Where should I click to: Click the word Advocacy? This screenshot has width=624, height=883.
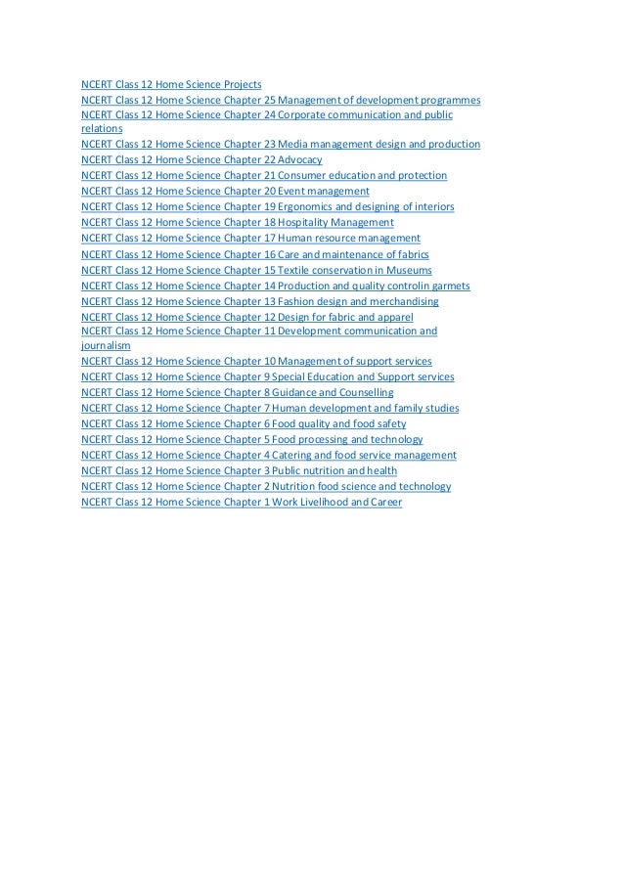point(299,159)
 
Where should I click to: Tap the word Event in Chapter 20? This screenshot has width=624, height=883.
point(291,191)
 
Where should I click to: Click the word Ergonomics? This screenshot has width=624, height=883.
point(307,206)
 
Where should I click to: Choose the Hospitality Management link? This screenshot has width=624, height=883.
point(335,222)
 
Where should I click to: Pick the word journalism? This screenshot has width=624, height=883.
point(106,345)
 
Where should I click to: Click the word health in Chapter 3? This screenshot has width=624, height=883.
point(381,470)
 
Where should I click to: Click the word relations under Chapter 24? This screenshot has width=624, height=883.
point(102,128)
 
